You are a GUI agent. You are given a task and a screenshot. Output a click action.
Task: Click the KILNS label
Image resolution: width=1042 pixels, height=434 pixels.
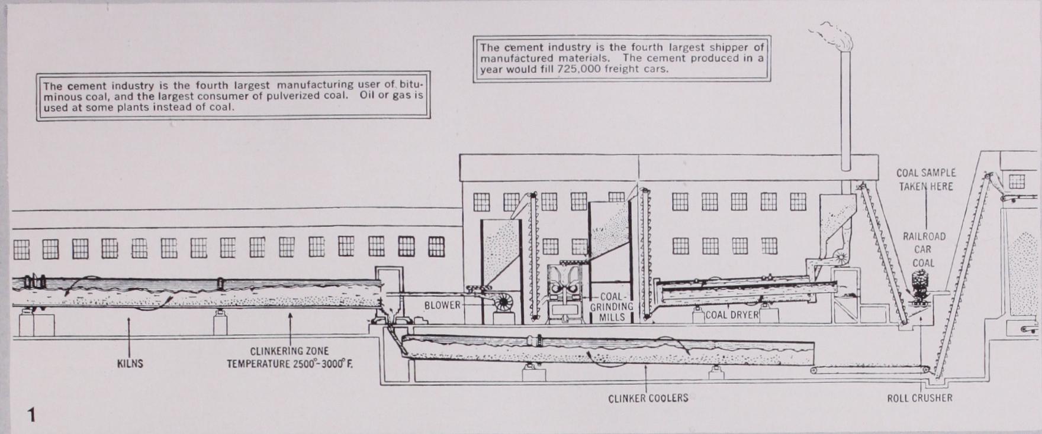130,363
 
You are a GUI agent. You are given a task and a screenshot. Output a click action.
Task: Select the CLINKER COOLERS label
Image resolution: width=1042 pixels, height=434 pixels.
648,398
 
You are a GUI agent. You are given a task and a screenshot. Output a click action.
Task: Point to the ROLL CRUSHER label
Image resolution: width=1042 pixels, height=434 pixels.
919,398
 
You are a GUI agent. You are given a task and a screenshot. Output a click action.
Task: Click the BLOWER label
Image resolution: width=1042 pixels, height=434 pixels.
442,305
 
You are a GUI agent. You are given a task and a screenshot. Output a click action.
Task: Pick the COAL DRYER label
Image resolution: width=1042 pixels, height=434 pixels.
732,315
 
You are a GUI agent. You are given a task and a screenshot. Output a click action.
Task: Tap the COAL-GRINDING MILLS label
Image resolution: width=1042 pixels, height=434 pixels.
612,306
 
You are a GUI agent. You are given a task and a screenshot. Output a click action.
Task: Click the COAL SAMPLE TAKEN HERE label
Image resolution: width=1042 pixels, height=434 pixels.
926,180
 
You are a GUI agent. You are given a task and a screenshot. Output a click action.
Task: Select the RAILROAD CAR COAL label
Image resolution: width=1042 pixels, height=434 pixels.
924,250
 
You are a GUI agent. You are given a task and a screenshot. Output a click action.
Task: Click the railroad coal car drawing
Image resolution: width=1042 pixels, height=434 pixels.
919,286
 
